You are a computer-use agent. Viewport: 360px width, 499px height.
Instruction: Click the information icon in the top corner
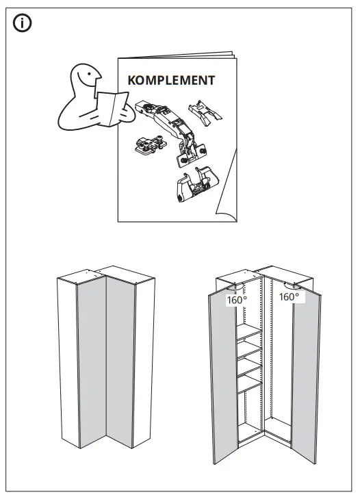coord(23,24)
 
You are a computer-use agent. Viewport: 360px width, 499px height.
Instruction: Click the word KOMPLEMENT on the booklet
coord(171,80)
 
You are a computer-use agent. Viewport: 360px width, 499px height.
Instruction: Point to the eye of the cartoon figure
coord(89,70)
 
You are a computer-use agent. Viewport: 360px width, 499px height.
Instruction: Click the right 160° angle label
coord(288,297)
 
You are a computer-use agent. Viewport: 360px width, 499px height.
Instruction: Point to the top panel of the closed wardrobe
coord(103,272)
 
